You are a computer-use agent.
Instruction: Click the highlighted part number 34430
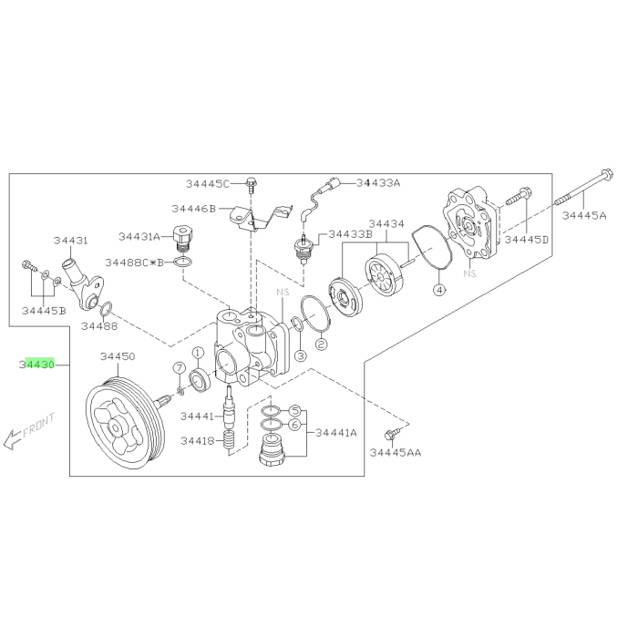tap(36, 365)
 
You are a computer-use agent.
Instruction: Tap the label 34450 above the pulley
tap(118, 356)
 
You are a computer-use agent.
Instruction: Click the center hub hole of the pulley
tap(116, 428)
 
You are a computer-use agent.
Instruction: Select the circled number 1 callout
tap(198, 353)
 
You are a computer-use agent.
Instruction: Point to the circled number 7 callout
tap(179, 368)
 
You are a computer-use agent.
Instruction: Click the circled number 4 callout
tap(438, 290)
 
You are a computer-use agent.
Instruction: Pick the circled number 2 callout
tap(321, 345)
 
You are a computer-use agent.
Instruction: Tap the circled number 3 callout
tap(300, 356)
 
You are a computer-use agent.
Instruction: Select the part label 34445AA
tap(396, 452)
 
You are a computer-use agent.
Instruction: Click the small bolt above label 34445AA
tap(391, 434)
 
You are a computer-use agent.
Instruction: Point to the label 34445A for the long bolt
tap(584, 215)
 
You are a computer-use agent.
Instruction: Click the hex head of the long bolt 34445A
tap(607, 175)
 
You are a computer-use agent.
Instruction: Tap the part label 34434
tap(386, 224)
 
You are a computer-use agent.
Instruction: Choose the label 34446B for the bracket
tap(193, 209)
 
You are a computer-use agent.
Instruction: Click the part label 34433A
tap(378, 182)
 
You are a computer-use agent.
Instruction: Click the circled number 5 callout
tap(295, 411)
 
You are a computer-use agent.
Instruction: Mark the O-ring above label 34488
tap(107, 308)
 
